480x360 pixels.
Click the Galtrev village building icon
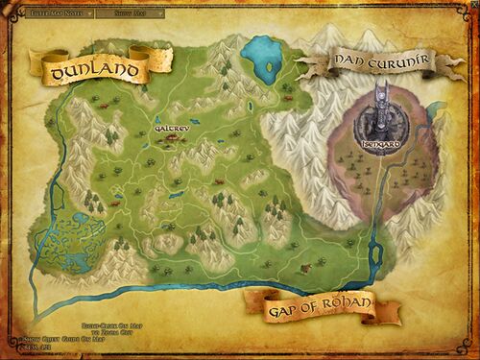click(171, 141)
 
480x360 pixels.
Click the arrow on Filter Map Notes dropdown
click(88, 15)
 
